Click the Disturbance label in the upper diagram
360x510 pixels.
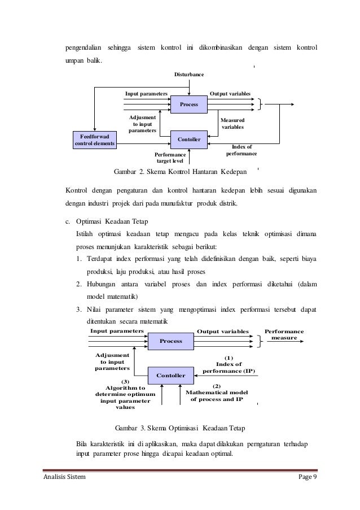pos(188,75)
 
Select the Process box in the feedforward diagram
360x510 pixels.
pos(188,104)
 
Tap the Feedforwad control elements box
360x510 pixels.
pos(95,140)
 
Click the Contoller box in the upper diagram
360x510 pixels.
pos(188,137)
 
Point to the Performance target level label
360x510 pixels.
pos(170,158)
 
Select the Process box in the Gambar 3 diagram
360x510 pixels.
pos(170,341)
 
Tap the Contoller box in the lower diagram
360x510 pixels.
pos(170,375)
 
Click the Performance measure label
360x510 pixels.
pos(284,334)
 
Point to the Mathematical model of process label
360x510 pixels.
pos(217,395)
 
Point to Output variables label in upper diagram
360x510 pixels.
pos(230,93)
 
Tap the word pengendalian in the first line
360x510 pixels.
pos(82,46)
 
